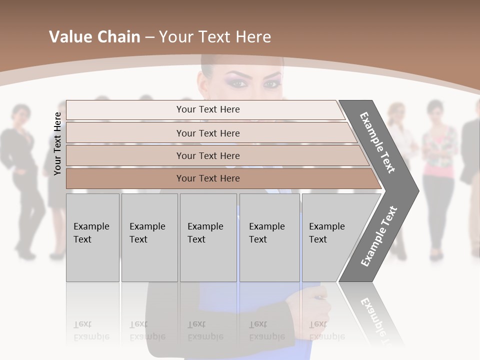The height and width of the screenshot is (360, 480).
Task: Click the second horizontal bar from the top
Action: (x=208, y=133)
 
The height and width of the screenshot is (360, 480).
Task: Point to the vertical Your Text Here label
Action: (x=57, y=143)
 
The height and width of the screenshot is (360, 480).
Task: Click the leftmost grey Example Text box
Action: (x=92, y=237)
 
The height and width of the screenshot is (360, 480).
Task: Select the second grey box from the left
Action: (x=149, y=237)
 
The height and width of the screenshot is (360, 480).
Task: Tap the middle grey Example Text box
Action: (x=208, y=237)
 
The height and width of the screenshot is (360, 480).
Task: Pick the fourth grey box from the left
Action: (x=269, y=237)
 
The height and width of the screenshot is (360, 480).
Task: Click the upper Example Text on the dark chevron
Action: (x=377, y=142)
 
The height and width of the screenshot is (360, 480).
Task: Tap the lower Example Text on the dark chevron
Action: (x=379, y=236)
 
